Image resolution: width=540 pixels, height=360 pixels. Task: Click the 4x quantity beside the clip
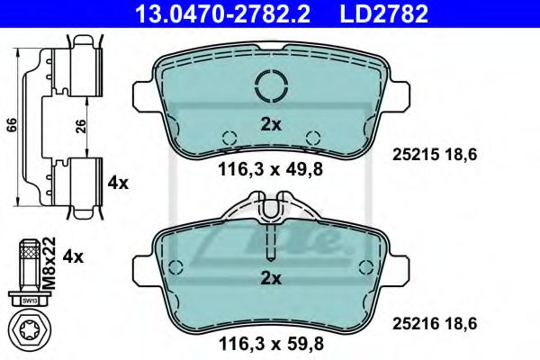(118, 183)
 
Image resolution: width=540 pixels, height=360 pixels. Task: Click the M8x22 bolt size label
(49, 258)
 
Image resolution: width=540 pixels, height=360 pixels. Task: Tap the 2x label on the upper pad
(269, 125)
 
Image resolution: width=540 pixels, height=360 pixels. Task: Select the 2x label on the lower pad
(269, 280)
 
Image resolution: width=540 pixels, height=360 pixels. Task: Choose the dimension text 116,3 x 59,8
(270, 343)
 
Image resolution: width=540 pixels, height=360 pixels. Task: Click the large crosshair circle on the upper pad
(270, 86)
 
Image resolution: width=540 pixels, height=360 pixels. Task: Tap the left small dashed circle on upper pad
(229, 138)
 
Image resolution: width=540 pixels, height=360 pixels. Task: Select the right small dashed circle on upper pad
(312, 138)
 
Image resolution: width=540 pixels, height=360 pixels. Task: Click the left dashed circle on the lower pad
(176, 266)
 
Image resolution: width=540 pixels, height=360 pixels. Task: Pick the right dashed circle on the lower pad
(365, 266)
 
